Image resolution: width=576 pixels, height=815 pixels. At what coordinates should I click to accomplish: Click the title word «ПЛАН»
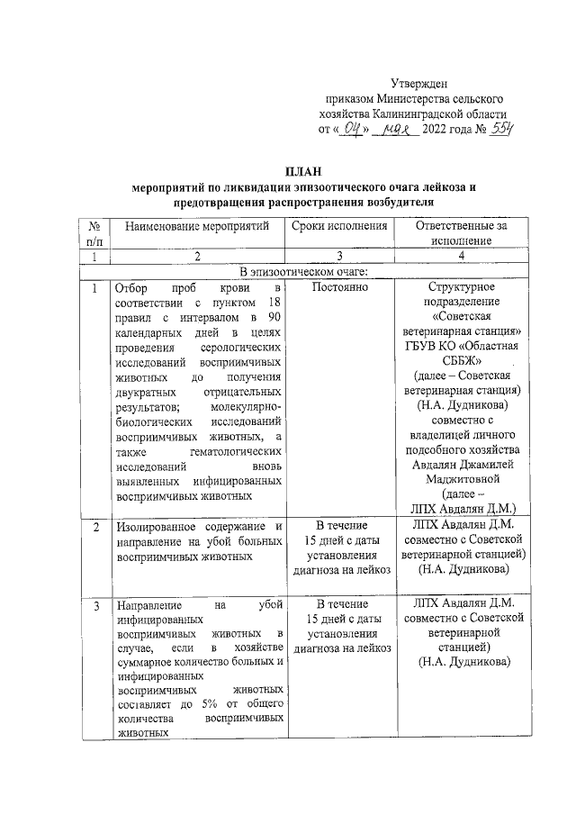pyautogui.click(x=301, y=172)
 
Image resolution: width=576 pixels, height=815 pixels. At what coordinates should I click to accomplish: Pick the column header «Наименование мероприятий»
pyautogui.click(x=197, y=225)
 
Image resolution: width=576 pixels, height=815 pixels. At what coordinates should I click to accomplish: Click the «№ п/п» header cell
pyautogui.click(x=94, y=233)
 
